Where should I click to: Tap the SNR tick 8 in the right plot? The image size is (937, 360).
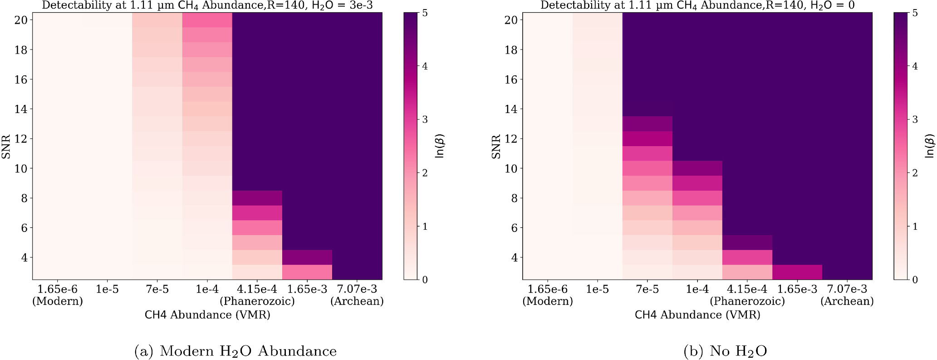[515, 198]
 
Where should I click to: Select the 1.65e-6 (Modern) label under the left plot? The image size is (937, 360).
[58, 295]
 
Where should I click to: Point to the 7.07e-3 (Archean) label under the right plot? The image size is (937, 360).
[847, 295]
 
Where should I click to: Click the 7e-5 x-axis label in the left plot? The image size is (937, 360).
[157, 289]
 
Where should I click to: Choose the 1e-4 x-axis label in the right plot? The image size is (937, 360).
[697, 289]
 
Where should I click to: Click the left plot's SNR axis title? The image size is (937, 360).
[6, 146]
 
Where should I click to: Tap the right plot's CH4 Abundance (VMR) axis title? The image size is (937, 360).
[697, 315]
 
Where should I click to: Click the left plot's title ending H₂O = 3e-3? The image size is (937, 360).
[207, 5]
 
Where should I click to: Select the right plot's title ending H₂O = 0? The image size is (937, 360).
[697, 5]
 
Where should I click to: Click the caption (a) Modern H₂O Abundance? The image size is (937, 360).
[235, 351]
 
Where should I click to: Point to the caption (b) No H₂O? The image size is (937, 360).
[725, 351]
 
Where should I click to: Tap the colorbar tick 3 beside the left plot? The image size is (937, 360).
[425, 119]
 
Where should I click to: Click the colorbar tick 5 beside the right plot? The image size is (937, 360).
[915, 13]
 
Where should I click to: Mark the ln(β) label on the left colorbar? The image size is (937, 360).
[439, 146]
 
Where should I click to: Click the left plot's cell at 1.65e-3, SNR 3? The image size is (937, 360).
[307, 272]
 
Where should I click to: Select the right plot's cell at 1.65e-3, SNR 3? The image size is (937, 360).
[797, 272]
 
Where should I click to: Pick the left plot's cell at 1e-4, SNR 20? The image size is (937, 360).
[207, 20]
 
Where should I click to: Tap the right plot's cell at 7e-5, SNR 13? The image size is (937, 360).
[648, 124]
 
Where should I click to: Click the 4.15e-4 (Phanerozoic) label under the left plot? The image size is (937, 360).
[257, 295]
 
